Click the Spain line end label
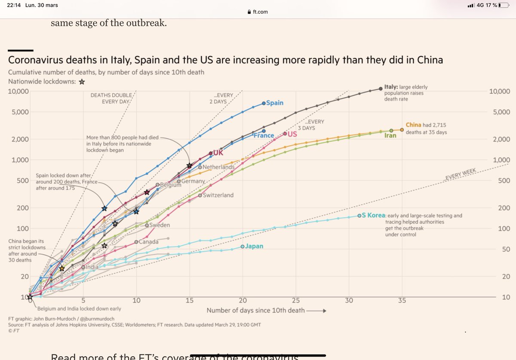(x=275, y=103)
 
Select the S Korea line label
(x=373, y=216)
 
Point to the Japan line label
(x=254, y=247)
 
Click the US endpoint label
(x=292, y=134)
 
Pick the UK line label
(x=218, y=153)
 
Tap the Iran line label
(x=390, y=136)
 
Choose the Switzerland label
(x=218, y=195)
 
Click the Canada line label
(x=149, y=242)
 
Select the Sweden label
(x=160, y=225)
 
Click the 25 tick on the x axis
(x=296, y=300)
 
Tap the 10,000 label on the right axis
(x=498, y=92)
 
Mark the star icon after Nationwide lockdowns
(x=82, y=81)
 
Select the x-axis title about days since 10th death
(x=256, y=311)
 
